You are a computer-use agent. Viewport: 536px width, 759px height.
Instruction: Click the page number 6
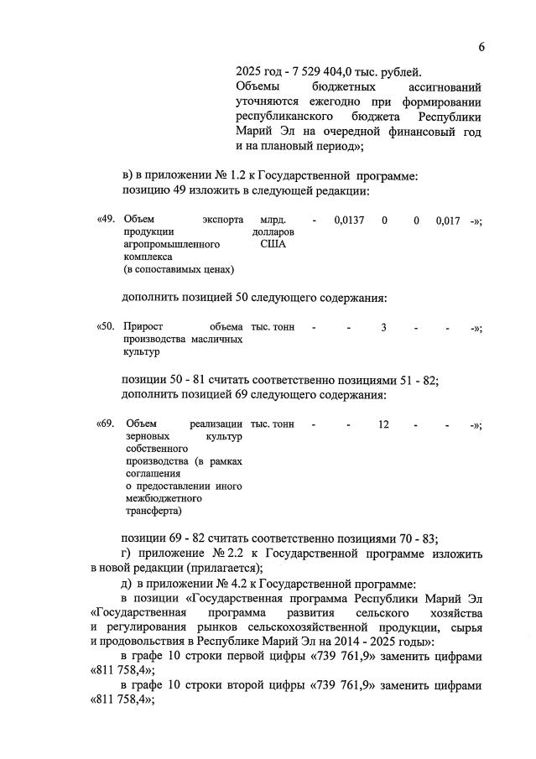coord(481,47)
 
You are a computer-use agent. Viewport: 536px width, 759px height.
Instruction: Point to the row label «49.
coord(107,220)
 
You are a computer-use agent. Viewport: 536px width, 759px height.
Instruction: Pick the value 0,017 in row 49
coord(448,220)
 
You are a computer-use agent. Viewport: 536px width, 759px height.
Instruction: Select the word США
coord(273,244)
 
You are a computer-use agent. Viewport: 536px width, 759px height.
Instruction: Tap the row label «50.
coord(107,327)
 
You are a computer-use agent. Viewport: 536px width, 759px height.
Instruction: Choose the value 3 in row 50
coord(383,327)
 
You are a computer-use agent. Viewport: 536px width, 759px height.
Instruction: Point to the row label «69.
coord(107,424)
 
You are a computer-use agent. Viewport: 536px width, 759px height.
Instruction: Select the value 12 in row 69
coord(383,424)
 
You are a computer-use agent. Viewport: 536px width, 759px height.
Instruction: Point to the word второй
coord(270,685)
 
